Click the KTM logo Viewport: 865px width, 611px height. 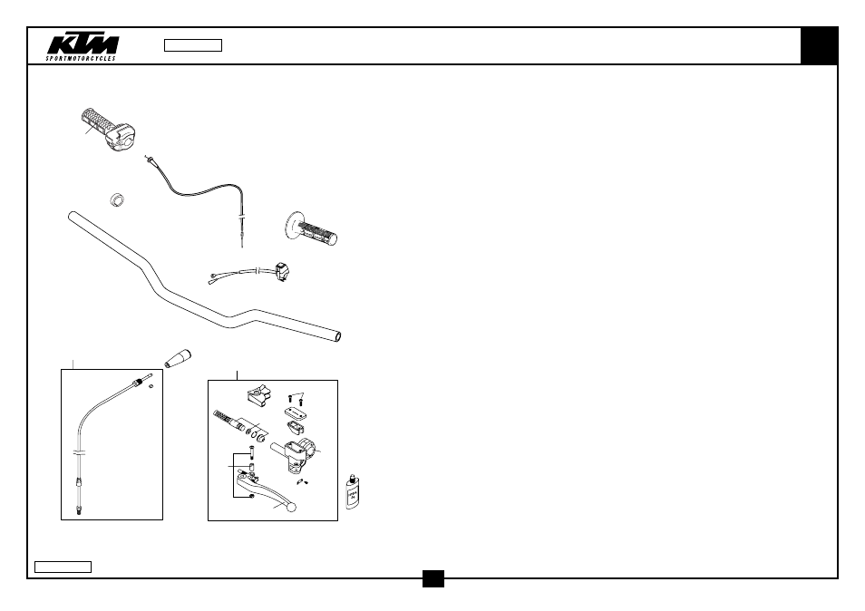pos(82,47)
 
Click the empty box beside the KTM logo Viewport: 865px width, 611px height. pos(193,45)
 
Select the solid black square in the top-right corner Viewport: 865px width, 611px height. pos(819,45)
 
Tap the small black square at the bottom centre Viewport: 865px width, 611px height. pos(433,579)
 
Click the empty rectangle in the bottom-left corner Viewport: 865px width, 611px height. pos(63,567)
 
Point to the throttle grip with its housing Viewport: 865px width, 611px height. pos(108,130)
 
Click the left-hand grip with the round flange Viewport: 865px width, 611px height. pos(311,228)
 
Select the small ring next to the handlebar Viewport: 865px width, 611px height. pos(117,199)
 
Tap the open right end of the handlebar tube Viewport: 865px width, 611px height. pos(337,336)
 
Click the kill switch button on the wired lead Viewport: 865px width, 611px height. pos(282,273)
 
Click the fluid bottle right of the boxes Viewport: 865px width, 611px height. pos(353,492)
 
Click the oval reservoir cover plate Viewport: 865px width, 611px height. pos(296,412)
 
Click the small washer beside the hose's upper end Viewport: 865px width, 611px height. pos(151,386)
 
